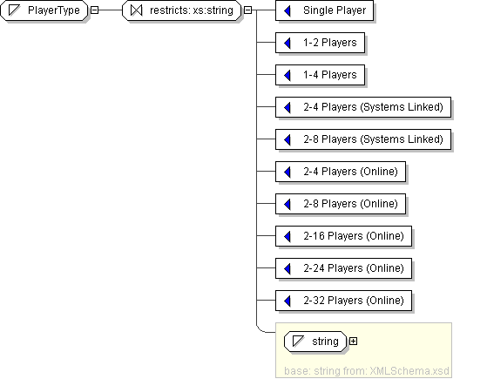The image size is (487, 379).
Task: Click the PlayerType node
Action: coord(44,10)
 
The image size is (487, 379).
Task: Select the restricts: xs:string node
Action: coord(182,10)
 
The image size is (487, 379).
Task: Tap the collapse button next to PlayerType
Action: coord(94,10)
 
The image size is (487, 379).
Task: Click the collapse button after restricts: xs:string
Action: coord(247,10)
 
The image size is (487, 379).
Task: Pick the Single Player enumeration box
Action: coord(325,10)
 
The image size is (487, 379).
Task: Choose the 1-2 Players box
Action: coord(321,43)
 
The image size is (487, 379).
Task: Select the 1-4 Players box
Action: coord(321,75)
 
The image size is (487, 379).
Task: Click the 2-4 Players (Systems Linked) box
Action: coord(363,107)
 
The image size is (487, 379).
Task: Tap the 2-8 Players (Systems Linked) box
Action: coord(363,139)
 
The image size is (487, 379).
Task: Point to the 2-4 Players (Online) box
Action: coord(341,172)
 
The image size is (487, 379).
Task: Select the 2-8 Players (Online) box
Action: coord(341,204)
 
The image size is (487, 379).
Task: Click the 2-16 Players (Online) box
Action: coord(343,236)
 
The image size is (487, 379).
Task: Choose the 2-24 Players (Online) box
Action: coord(343,268)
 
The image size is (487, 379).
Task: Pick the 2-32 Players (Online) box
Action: coord(343,301)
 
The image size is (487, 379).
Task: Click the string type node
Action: coord(315,342)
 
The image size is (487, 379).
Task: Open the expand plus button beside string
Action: coord(353,342)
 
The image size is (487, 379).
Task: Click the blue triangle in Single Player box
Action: coord(287,10)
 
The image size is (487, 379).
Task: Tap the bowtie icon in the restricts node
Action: coord(137,10)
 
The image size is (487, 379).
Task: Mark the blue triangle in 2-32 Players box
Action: coord(287,301)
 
